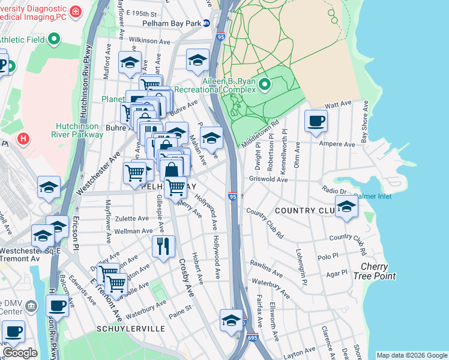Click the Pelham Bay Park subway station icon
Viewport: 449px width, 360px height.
click(206, 23)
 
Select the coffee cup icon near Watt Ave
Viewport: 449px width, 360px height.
click(316, 122)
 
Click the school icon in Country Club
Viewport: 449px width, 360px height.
click(346, 208)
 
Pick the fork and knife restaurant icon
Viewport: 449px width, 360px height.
click(163, 245)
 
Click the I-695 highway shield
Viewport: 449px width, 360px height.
click(252, 338)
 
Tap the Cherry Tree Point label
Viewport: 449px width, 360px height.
click(378, 271)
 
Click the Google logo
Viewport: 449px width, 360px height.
click(19, 353)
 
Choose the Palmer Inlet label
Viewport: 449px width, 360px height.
click(373, 196)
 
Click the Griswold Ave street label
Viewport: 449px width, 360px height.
click(268, 179)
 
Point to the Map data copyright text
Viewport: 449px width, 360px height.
click(412, 355)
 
